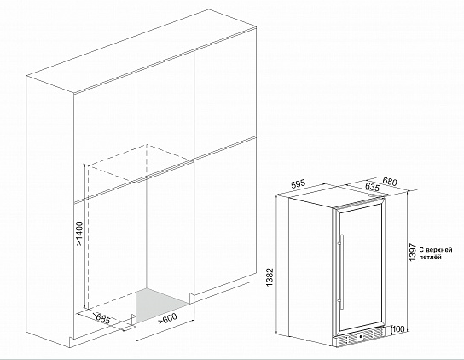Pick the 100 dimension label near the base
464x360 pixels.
pos(397,329)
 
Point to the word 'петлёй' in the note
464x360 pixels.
pos(433,254)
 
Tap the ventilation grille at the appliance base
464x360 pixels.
pos(359,338)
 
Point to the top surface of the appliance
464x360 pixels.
pos(335,195)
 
